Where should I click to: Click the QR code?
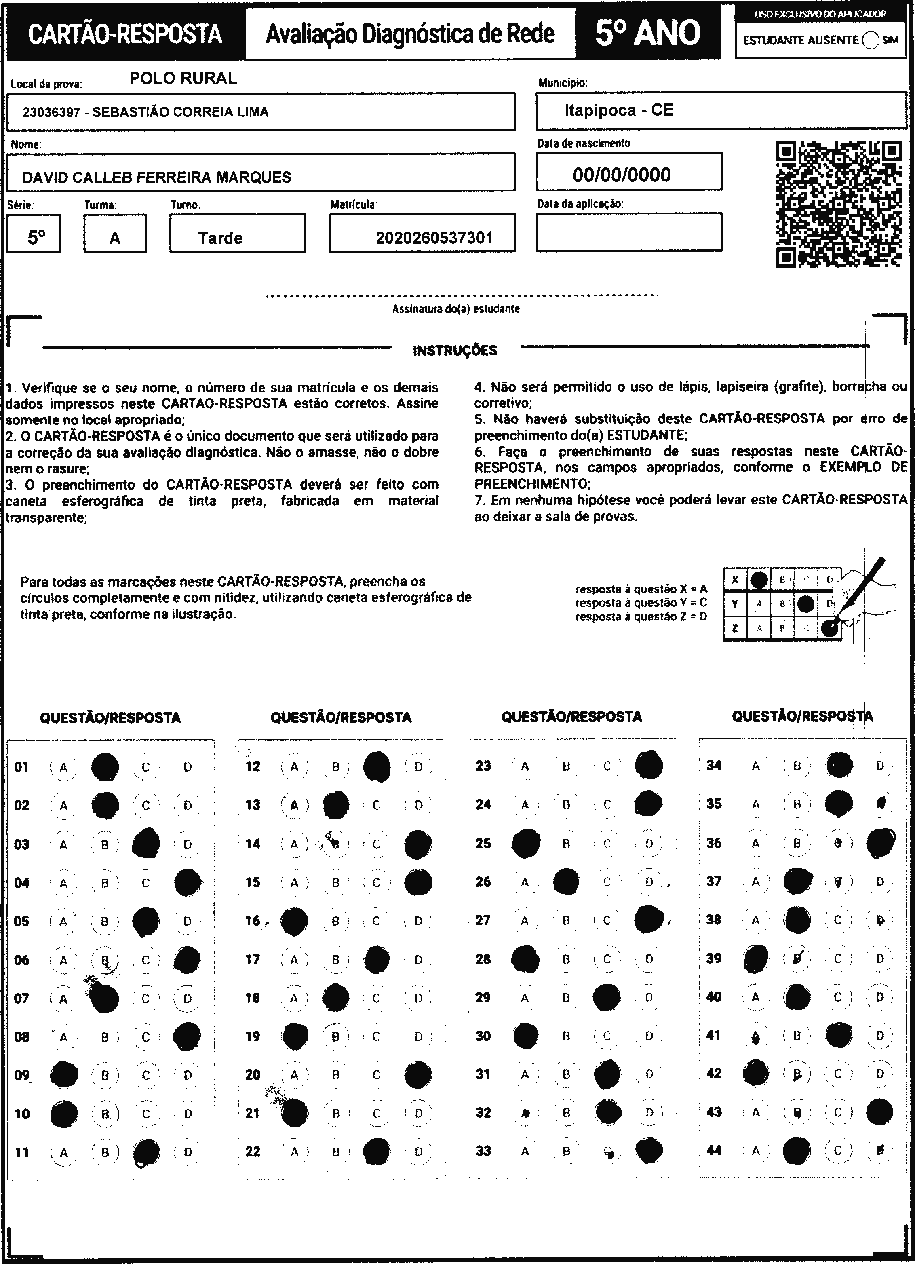click(x=839, y=204)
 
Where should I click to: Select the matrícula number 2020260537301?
click(x=434, y=238)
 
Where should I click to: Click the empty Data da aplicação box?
click(x=628, y=232)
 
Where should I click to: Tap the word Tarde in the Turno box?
click(x=220, y=238)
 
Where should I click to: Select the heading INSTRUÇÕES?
click(x=455, y=350)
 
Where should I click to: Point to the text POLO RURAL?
click(x=183, y=78)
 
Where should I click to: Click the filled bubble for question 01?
click(x=105, y=767)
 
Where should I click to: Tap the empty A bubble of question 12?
click(x=294, y=767)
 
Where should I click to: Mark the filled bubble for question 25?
click(x=525, y=843)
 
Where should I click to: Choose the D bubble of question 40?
click(x=879, y=996)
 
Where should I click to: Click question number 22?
click(x=253, y=1151)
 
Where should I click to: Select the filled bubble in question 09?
click(x=64, y=1074)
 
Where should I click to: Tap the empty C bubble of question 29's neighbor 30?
click(x=607, y=1036)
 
